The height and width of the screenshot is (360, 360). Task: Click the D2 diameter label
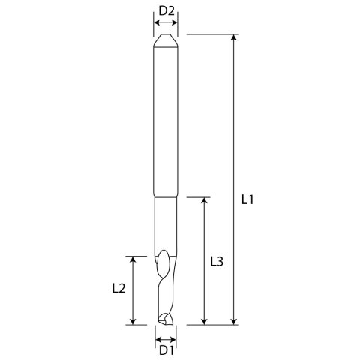click(166, 10)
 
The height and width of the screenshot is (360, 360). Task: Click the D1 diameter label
click(166, 349)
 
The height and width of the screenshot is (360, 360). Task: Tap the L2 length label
click(118, 287)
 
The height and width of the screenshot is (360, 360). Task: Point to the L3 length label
click(216, 262)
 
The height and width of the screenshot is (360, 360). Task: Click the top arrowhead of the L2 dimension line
click(133, 259)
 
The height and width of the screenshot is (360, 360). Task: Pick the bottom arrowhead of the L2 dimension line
click(133, 321)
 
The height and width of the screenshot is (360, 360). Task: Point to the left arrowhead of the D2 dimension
click(156, 23)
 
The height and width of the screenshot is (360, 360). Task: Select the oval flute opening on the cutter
click(163, 262)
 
